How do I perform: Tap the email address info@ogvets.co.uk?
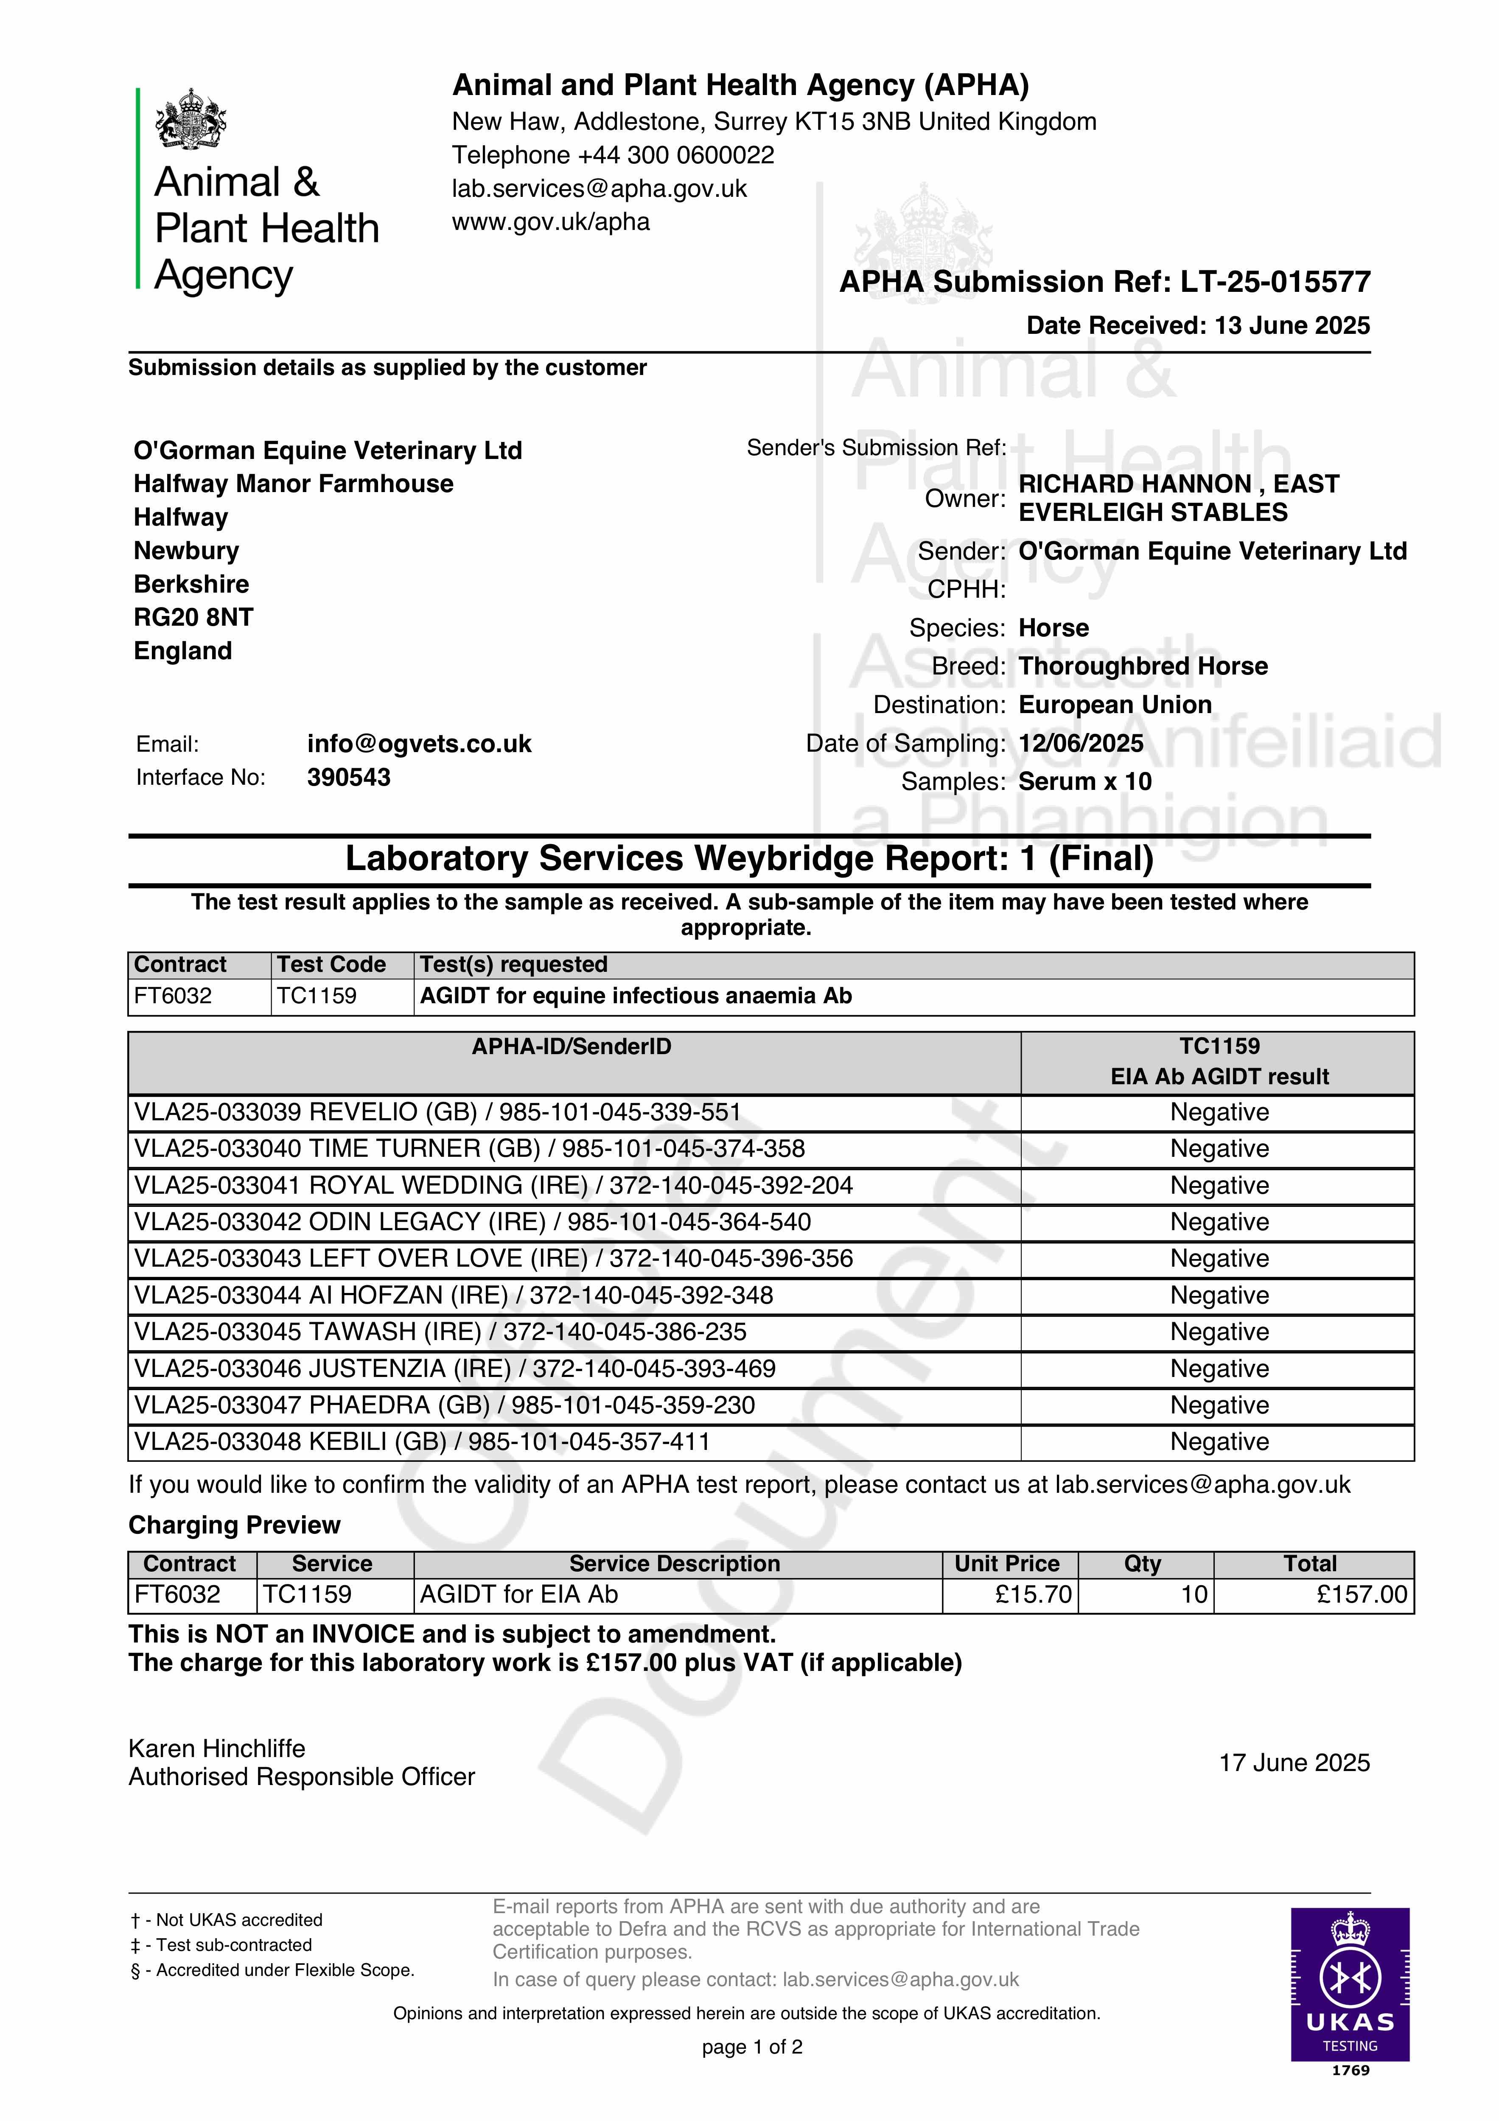[x=420, y=744]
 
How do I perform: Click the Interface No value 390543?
[x=348, y=777]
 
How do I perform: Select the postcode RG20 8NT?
[x=193, y=617]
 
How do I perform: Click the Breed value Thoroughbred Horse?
[x=1142, y=666]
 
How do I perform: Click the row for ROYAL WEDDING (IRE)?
[x=493, y=1185]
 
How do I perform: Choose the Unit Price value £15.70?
[x=1033, y=1595]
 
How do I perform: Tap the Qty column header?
[x=1142, y=1563]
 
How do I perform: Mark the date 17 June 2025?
[x=1294, y=1763]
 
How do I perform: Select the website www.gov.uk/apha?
[x=551, y=222]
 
